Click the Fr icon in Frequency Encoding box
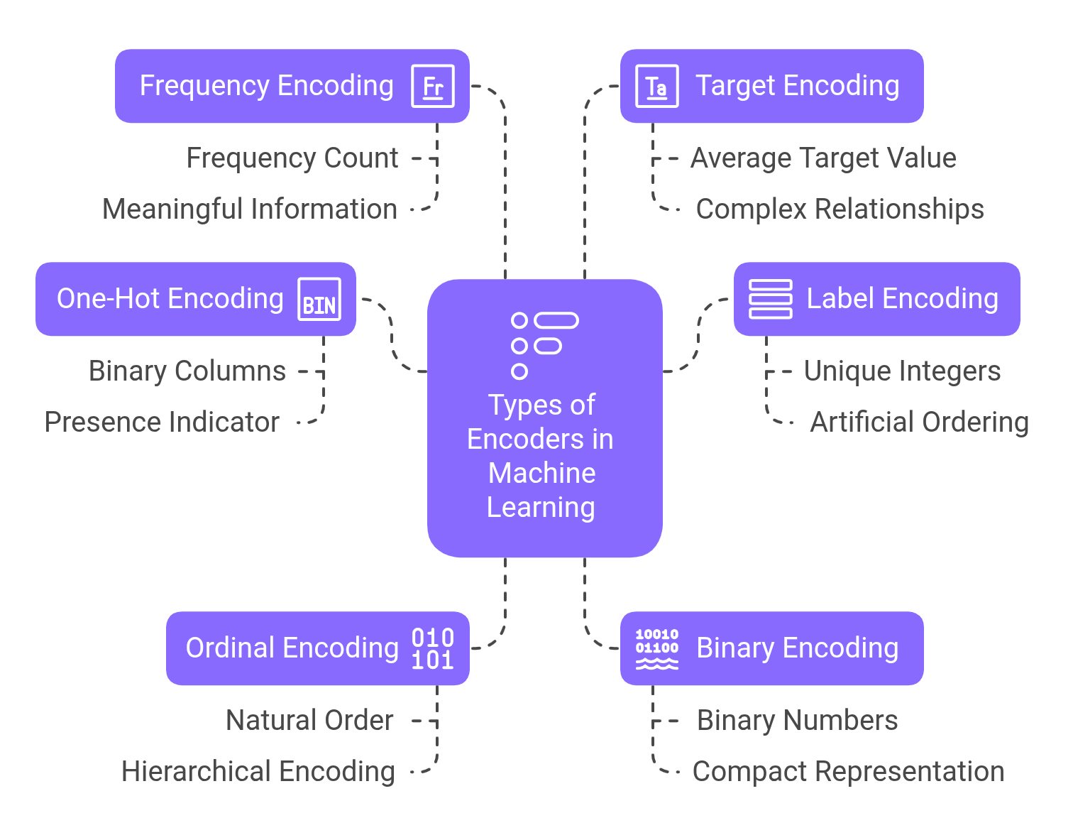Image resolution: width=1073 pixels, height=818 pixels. (433, 86)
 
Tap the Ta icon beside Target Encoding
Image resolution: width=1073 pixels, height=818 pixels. (656, 86)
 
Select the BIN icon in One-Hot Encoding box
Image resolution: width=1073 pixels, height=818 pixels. (319, 299)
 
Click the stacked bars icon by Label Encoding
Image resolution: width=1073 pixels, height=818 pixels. (771, 299)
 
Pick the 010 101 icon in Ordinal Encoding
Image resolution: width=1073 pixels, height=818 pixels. (433, 648)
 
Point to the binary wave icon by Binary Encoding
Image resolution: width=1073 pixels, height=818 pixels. (656, 648)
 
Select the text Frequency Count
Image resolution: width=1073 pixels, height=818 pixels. (292, 158)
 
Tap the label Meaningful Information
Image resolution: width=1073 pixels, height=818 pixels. (250, 209)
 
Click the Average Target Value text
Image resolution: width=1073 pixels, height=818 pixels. (823, 158)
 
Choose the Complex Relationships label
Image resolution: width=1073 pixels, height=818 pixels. (840, 209)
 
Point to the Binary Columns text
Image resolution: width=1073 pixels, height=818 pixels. (187, 371)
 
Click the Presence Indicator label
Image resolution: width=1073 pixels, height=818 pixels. (162, 422)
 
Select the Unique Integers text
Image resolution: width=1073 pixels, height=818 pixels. (902, 371)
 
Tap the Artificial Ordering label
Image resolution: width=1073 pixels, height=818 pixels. (919, 422)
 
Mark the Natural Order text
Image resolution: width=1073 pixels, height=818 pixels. (309, 720)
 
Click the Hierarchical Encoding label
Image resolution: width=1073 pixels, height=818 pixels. (258, 771)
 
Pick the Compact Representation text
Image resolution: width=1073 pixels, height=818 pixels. (848, 771)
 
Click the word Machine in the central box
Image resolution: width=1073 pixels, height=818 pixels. (542, 473)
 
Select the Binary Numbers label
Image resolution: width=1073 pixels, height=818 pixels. (797, 720)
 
